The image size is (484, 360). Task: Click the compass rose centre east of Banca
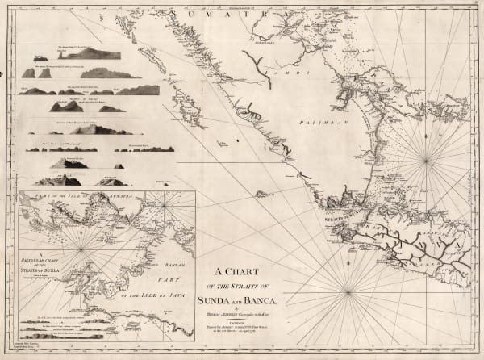425,160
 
